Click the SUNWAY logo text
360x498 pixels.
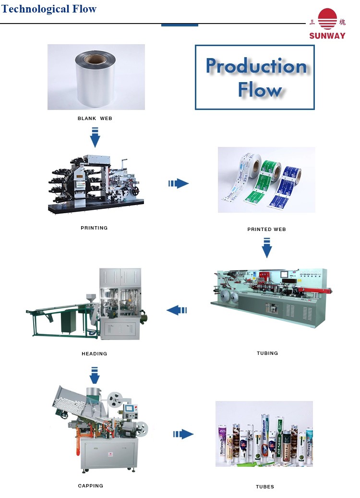327,36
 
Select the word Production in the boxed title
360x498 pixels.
256,66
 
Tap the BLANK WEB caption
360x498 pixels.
95,118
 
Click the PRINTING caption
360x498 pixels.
94,228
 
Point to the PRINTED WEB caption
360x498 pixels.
266,229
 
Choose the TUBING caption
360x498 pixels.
267,353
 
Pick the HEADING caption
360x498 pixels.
94,353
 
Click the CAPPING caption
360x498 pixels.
90,486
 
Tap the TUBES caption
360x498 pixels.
265,486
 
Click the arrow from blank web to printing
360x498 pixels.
95,137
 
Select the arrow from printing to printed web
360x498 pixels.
179,183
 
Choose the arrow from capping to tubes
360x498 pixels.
183,434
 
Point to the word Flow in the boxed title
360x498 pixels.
260,90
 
